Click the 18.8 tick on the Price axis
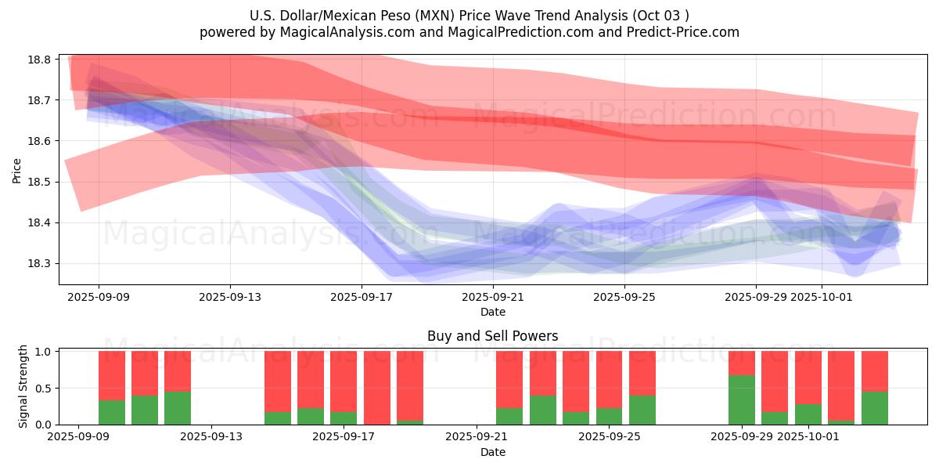pos(41,60)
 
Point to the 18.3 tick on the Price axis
pos(41,264)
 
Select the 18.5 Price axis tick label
pos(41,182)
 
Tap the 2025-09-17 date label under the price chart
pos(361,297)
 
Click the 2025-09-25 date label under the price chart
pos(624,297)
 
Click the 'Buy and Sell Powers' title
pos(492,336)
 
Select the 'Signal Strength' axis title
pos(23,386)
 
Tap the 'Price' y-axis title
pos(17,169)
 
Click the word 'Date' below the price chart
pos(492,312)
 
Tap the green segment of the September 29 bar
pos(742,399)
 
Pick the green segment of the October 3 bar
pos(875,408)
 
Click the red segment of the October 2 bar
pos(841,385)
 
